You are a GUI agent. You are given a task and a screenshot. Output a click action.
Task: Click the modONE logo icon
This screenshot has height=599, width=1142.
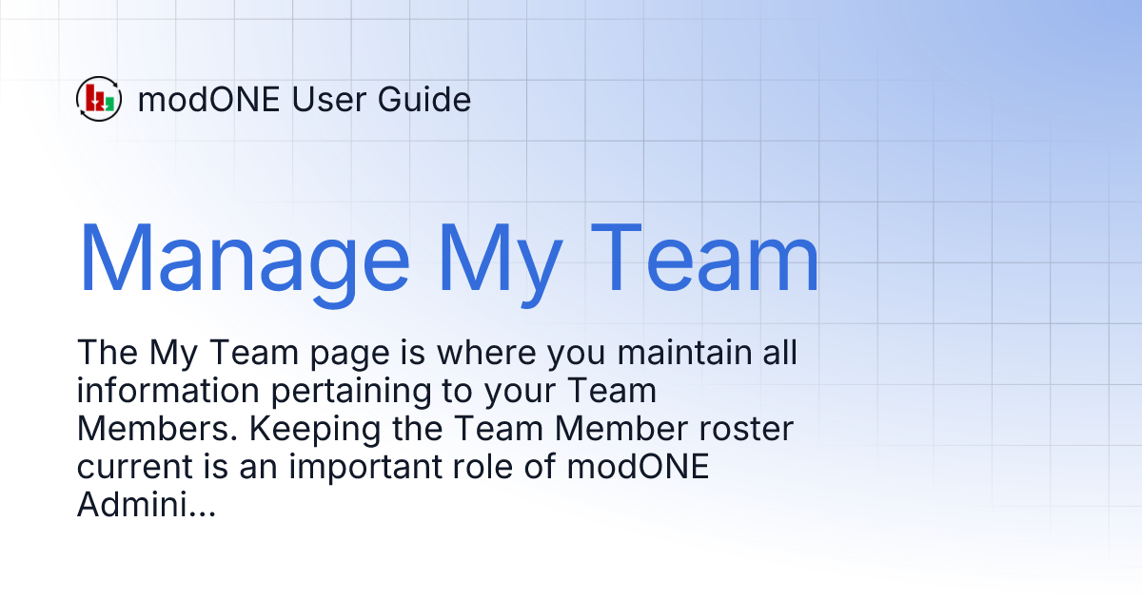click(98, 98)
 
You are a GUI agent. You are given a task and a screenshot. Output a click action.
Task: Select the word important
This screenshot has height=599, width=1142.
click(337, 469)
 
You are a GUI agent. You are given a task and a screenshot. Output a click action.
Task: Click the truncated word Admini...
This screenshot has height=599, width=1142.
click(146, 506)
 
